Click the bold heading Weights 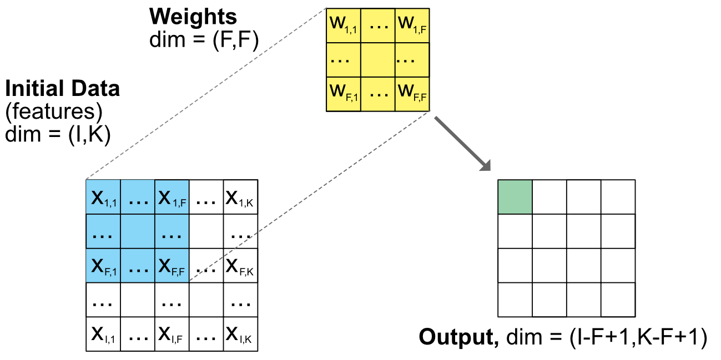[x=193, y=17]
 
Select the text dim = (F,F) [x=204, y=40]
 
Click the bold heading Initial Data [x=63, y=89]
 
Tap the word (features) [x=54, y=112]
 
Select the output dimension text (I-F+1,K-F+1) [x=638, y=337]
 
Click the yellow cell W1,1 [x=344, y=25]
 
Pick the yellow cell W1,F [x=412, y=25]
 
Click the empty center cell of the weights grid [x=378, y=59]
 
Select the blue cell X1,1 [x=103, y=197]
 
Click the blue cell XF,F [x=172, y=266]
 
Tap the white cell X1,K [x=241, y=197]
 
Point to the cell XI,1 [x=103, y=334]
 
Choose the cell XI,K [x=241, y=334]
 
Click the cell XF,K [x=241, y=266]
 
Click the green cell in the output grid [x=515, y=197]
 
